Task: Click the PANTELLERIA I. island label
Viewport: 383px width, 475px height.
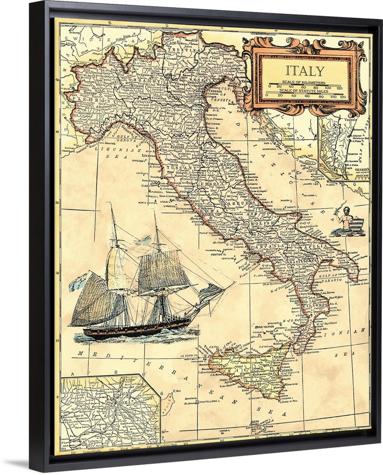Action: pyautogui.click(x=207, y=401)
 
